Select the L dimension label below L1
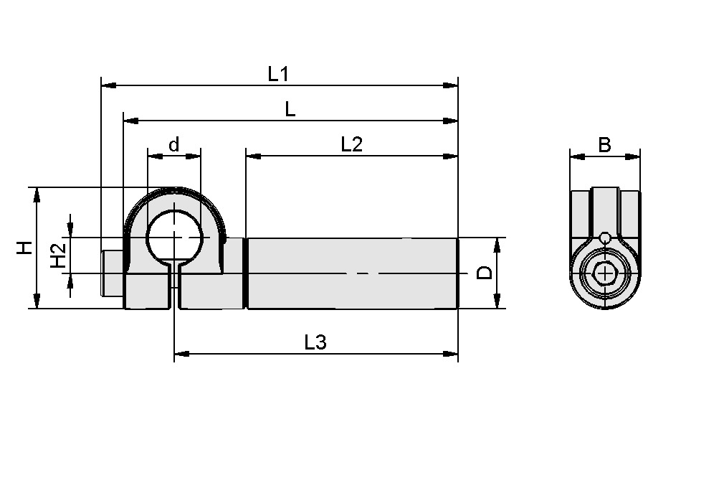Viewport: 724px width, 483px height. (x=290, y=109)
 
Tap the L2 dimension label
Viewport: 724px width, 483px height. (x=351, y=144)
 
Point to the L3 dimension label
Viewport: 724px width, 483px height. (x=315, y=342)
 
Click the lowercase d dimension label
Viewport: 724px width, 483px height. (x=173, y=145)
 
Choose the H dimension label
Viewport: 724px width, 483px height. (x=25, y=248)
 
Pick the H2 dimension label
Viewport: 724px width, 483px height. (x=59, y=255)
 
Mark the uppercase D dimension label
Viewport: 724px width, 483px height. (x=485, y=273)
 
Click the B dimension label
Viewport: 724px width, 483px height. (x=604, y=145)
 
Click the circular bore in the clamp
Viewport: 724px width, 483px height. (x=173, y=237)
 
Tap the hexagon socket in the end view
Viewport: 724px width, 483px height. (x=605, y=273)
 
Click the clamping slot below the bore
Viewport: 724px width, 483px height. (x=174, y=287)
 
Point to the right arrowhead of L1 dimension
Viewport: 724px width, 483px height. (x=452, y=85)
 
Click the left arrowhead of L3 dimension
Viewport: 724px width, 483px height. (x=181, y=353)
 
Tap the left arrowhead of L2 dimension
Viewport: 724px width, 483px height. (x=252, y=156)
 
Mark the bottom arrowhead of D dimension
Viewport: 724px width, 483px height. (x=496, y=303)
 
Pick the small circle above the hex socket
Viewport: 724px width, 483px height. (x=605, y=238)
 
